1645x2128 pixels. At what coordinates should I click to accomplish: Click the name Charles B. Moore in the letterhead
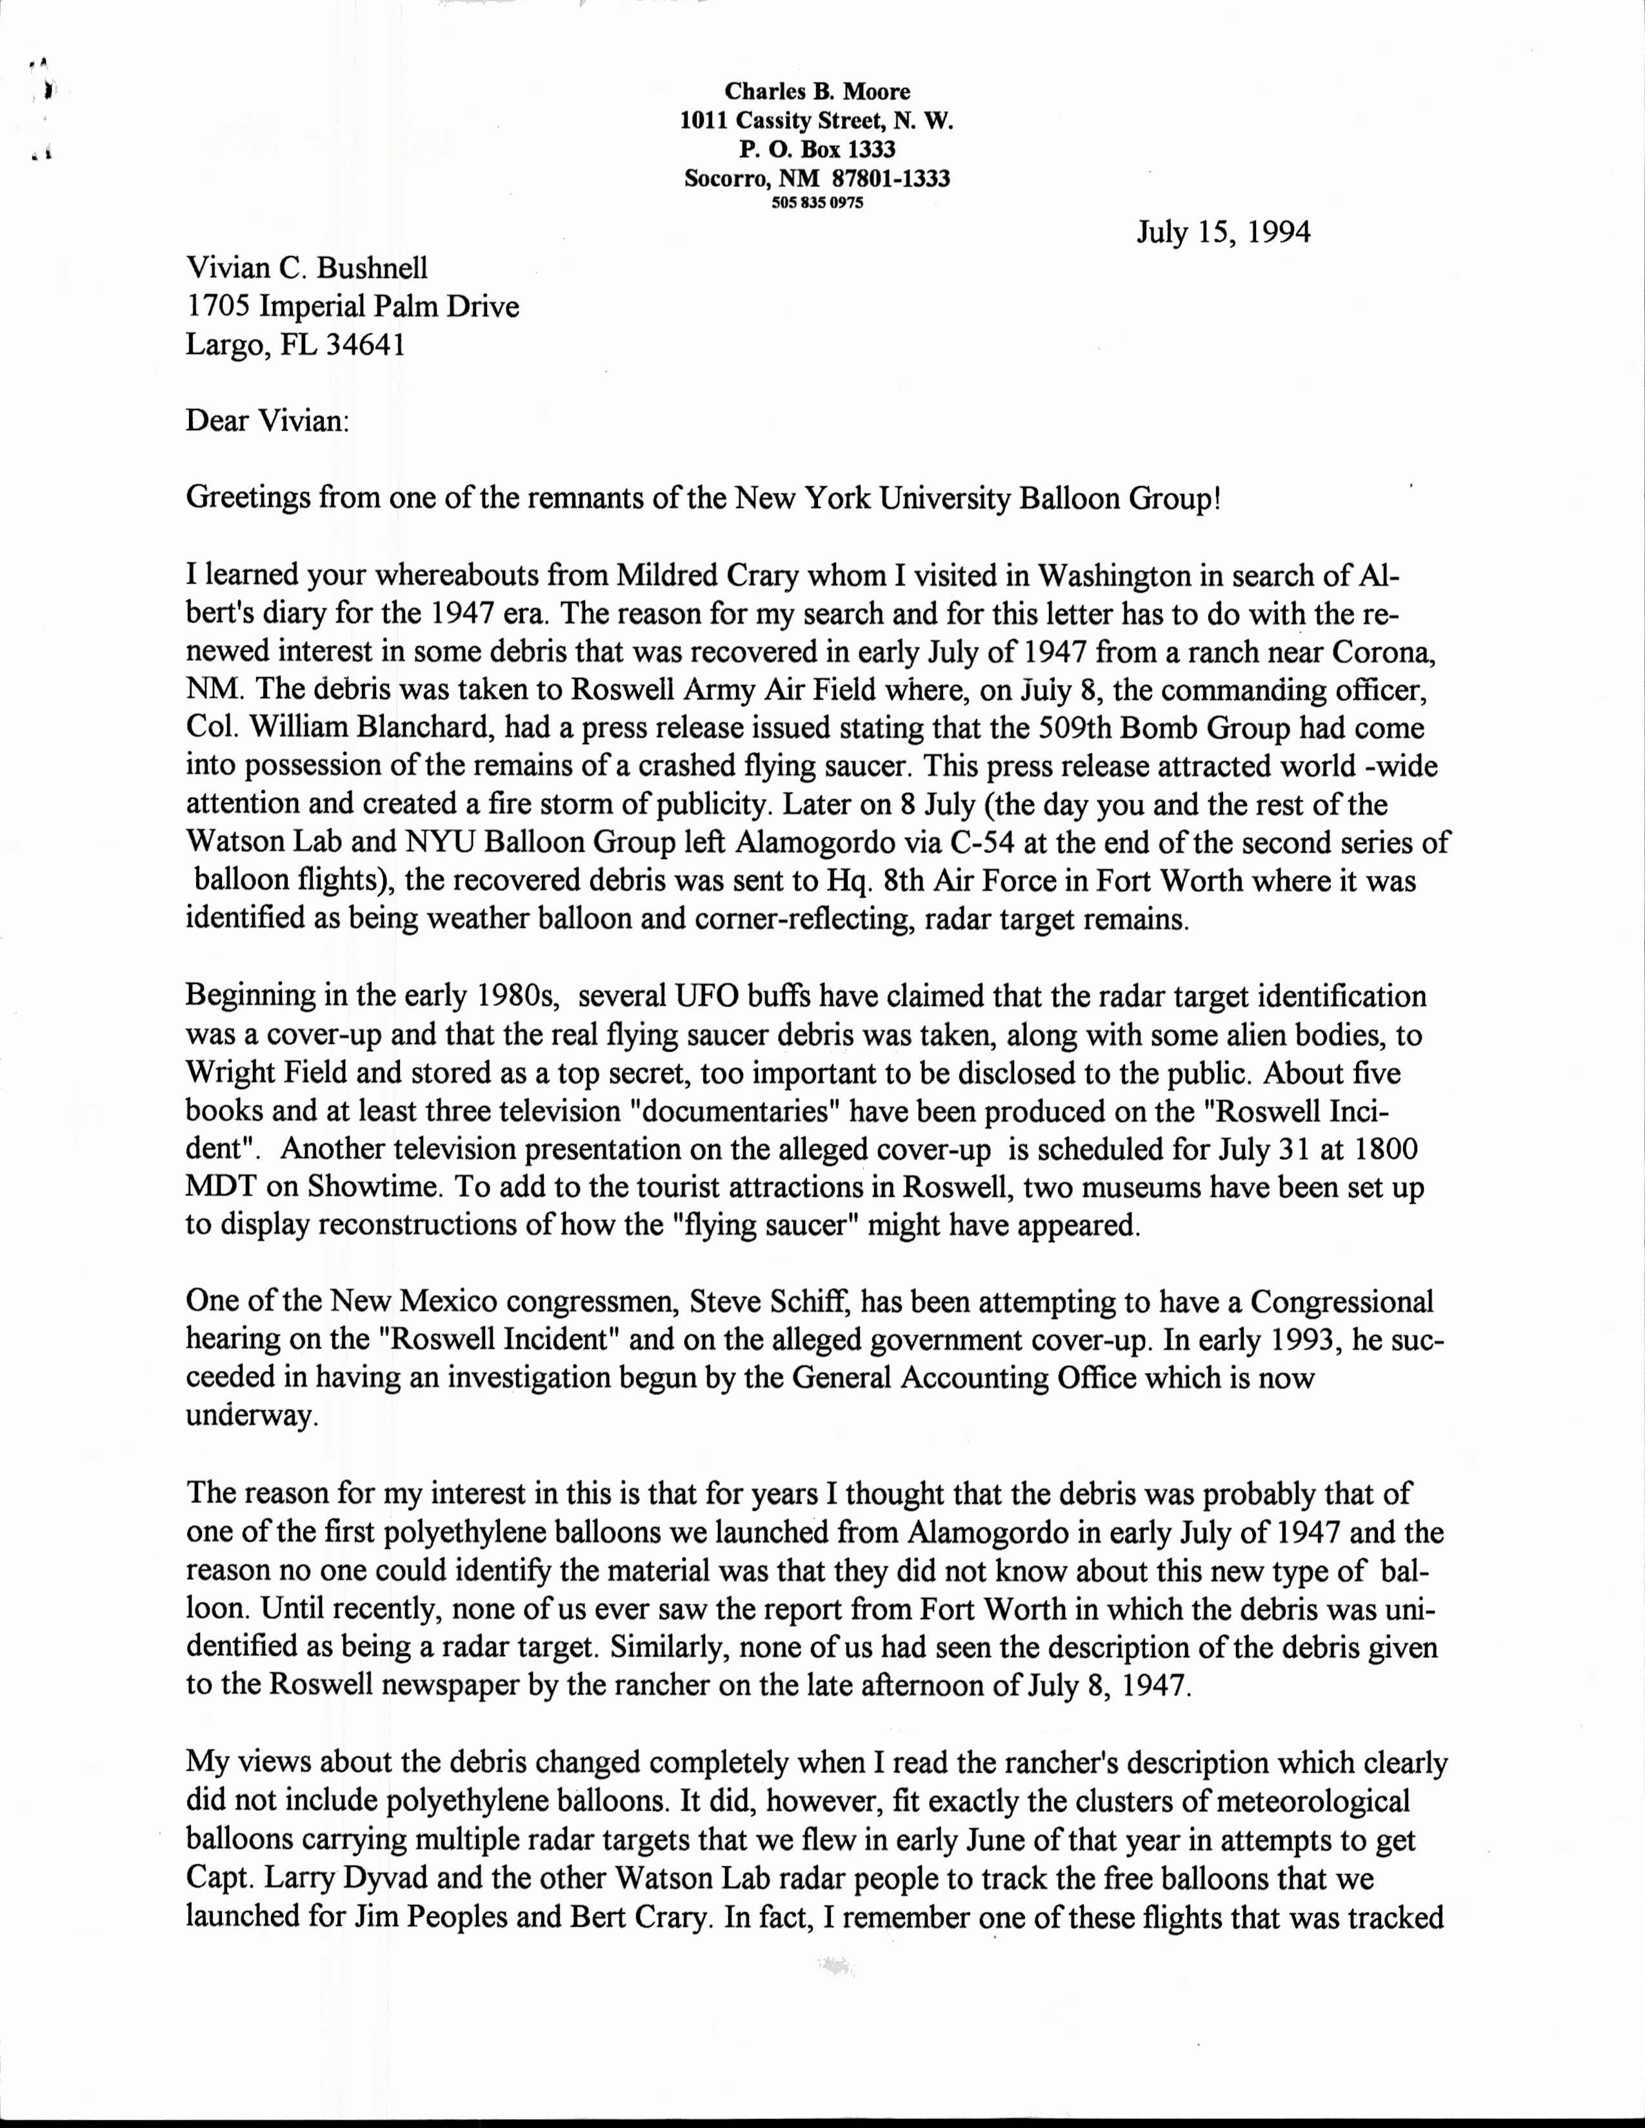point(817,92)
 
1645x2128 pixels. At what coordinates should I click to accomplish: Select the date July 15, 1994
point(1223,233)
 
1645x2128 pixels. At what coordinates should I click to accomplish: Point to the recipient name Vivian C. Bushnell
point(307,268)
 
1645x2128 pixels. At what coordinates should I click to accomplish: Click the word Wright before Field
point(228,1073)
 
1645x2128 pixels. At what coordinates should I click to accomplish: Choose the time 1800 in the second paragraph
point(1379,1150)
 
